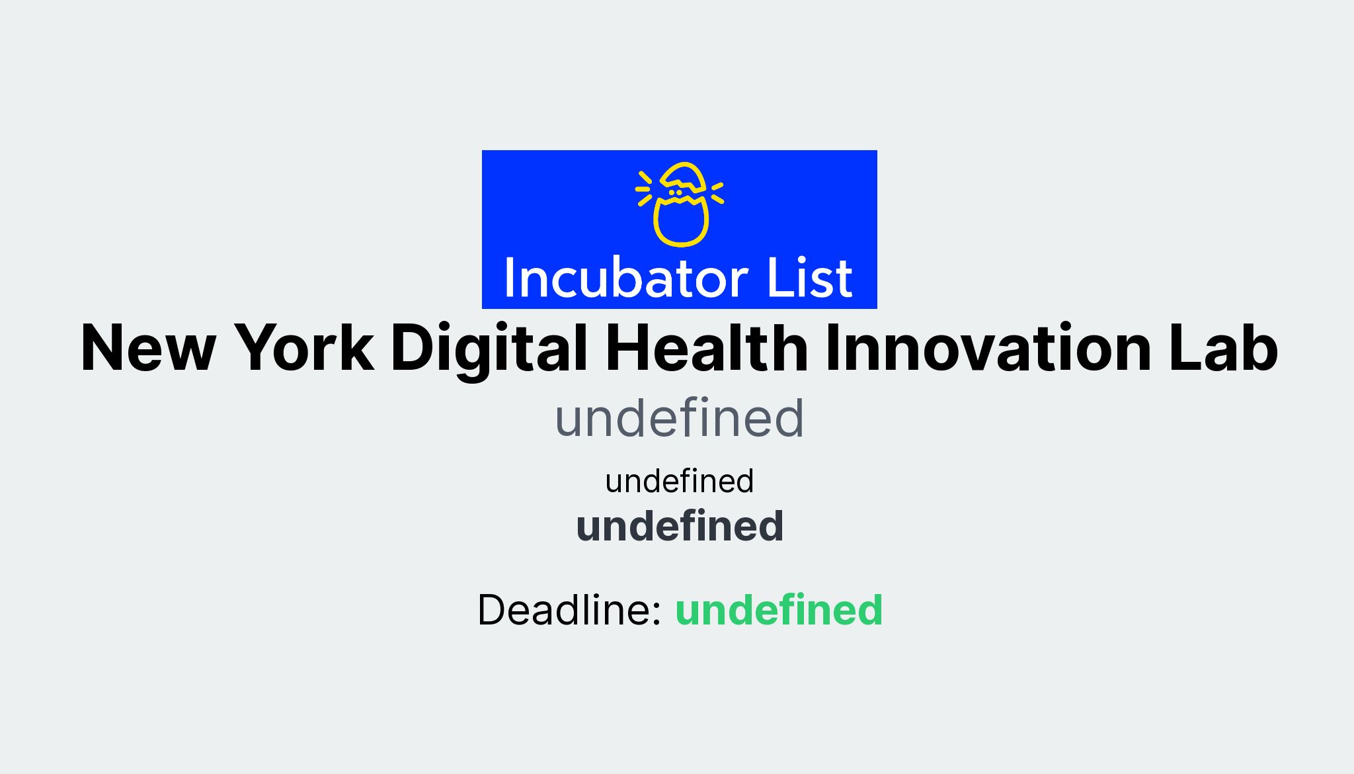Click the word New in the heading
148,349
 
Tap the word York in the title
304,349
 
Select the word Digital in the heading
489,349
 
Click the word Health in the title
707,349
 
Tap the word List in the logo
810,279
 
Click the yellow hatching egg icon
680,204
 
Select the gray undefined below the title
680,418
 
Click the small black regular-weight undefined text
680,481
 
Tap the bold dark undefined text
680,527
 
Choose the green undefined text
779,609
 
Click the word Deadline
569,609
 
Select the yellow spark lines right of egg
717,193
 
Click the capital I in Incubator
509,279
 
